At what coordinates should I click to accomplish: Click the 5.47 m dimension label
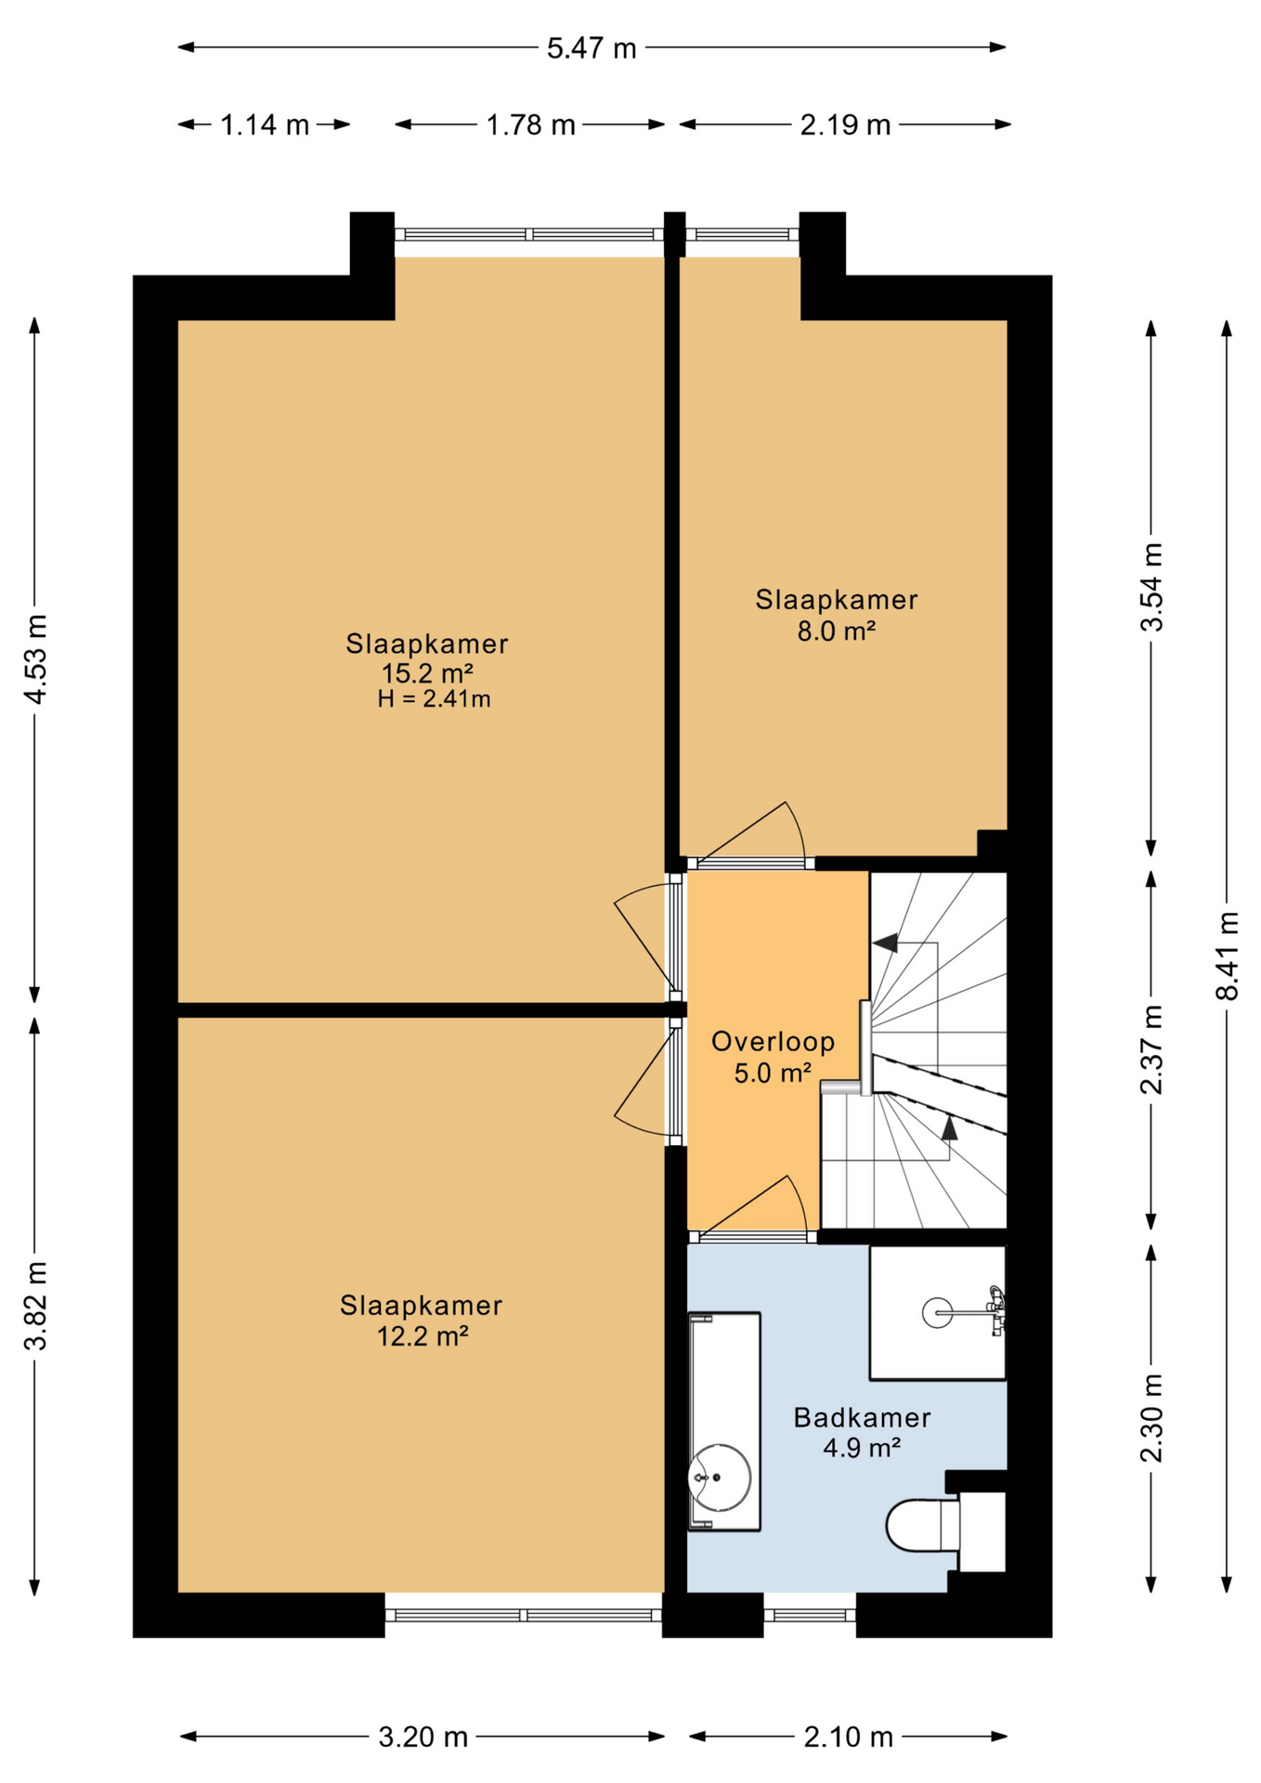tap(591, 48)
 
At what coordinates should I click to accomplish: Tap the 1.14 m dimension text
tap(265, 124)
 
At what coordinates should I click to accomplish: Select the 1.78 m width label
tap(531, 124)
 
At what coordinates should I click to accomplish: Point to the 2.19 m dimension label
tap(845, 124)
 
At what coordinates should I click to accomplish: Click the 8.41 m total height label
tap(1228, 956)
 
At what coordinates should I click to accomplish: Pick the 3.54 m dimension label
tap(1151, 587)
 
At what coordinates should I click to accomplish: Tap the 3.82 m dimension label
tap(35, 1306)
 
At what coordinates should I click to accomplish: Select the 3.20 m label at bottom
tap(422, 1737)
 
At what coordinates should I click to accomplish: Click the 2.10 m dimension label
tap(848, 1737)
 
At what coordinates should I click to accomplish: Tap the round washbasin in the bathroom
tap(720, 1477)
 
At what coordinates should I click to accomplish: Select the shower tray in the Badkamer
tap(937, 1312)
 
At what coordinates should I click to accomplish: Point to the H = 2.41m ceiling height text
tap(434, 699)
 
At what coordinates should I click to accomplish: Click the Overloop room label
tap(773, 1042)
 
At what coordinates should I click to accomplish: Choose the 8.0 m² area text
tap(836, 631)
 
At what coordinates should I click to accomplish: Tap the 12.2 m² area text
tap(422, 1336)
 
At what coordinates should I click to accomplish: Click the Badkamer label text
tap(862, 1418)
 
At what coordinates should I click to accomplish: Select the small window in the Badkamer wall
tap(810, 1615)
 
